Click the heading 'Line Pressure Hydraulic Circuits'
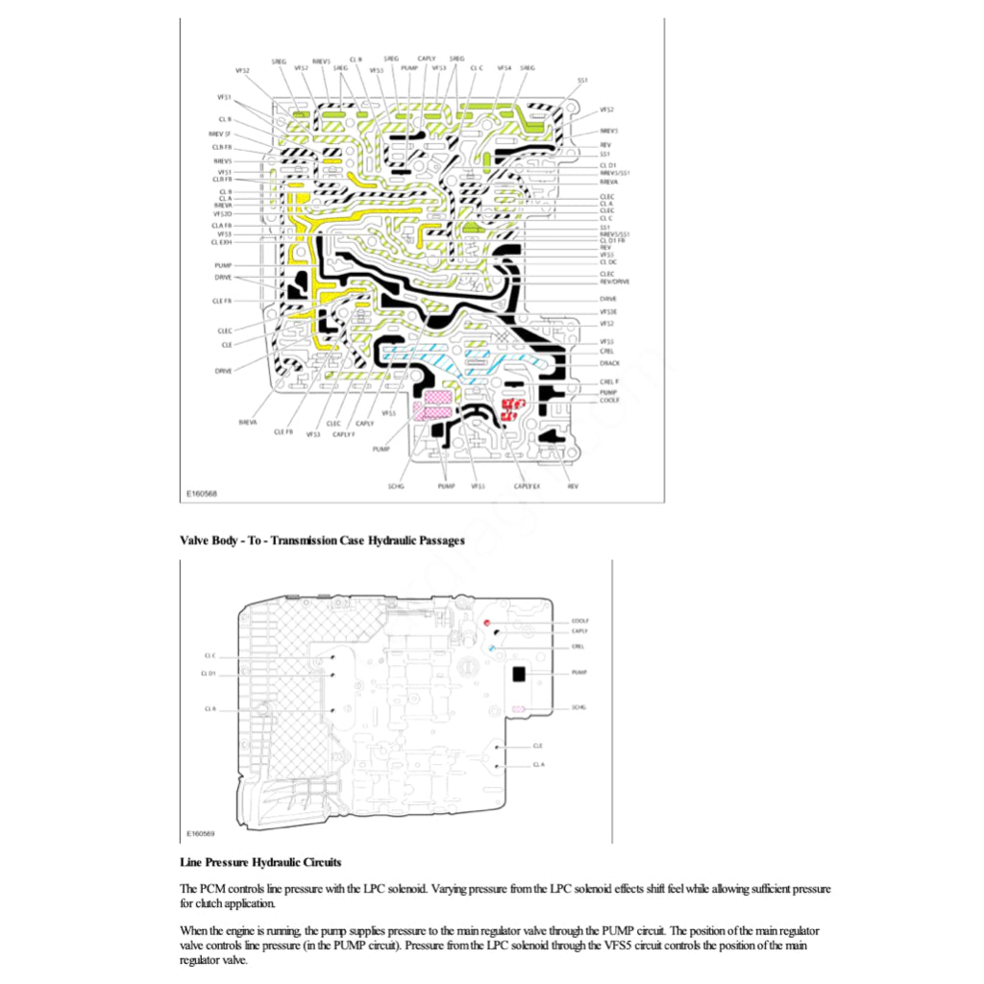coord(260,862)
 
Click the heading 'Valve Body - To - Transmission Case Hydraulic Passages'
coord(322,540)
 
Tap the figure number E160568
coord(202,494)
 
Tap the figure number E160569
coord(202,833)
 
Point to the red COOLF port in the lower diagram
coord(486,624)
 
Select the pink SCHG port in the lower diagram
coord(518,708)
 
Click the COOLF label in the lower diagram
coord(579,622)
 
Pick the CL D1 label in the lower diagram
coord(209,674)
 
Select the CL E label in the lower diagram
coord(537,745)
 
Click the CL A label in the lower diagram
coord(538,765)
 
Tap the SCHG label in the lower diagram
coord(578,707)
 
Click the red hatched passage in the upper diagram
coord(510,410)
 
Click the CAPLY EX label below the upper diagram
coord(527,487)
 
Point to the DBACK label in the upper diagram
coord(609,363)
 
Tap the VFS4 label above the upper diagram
coord(504,68)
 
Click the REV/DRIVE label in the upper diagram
coord(614,282)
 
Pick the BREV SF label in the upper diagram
coord(219,134)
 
